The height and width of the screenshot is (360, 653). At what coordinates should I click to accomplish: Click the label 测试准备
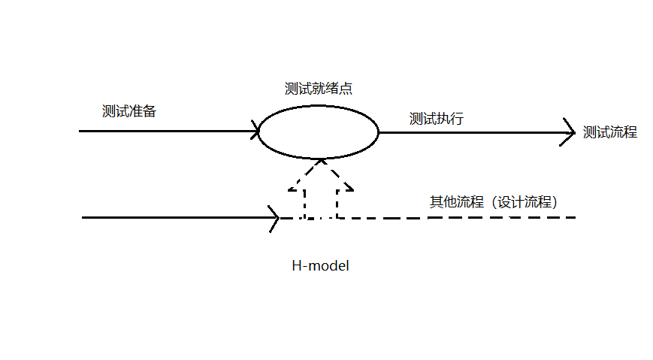[129, 111]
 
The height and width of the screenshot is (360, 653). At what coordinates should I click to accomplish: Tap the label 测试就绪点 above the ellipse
[319, 89]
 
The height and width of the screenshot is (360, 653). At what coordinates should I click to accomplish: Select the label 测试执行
[436, 119]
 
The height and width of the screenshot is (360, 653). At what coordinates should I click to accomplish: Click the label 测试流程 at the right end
[609, 132]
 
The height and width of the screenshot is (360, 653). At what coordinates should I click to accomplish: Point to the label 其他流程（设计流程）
[492, 202]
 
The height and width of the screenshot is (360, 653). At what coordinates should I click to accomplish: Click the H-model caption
[321, 266]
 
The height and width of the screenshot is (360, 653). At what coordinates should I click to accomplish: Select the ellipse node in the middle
[319, 132]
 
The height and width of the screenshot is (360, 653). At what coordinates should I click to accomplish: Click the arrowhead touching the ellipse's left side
[255, 132]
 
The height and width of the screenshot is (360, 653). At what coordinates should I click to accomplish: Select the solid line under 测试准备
[165, 132]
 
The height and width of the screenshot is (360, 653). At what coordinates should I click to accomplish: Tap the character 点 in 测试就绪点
[346, 89]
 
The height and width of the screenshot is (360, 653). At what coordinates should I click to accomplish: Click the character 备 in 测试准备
[150, 111]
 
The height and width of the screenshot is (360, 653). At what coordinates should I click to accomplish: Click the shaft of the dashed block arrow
[321, 201]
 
